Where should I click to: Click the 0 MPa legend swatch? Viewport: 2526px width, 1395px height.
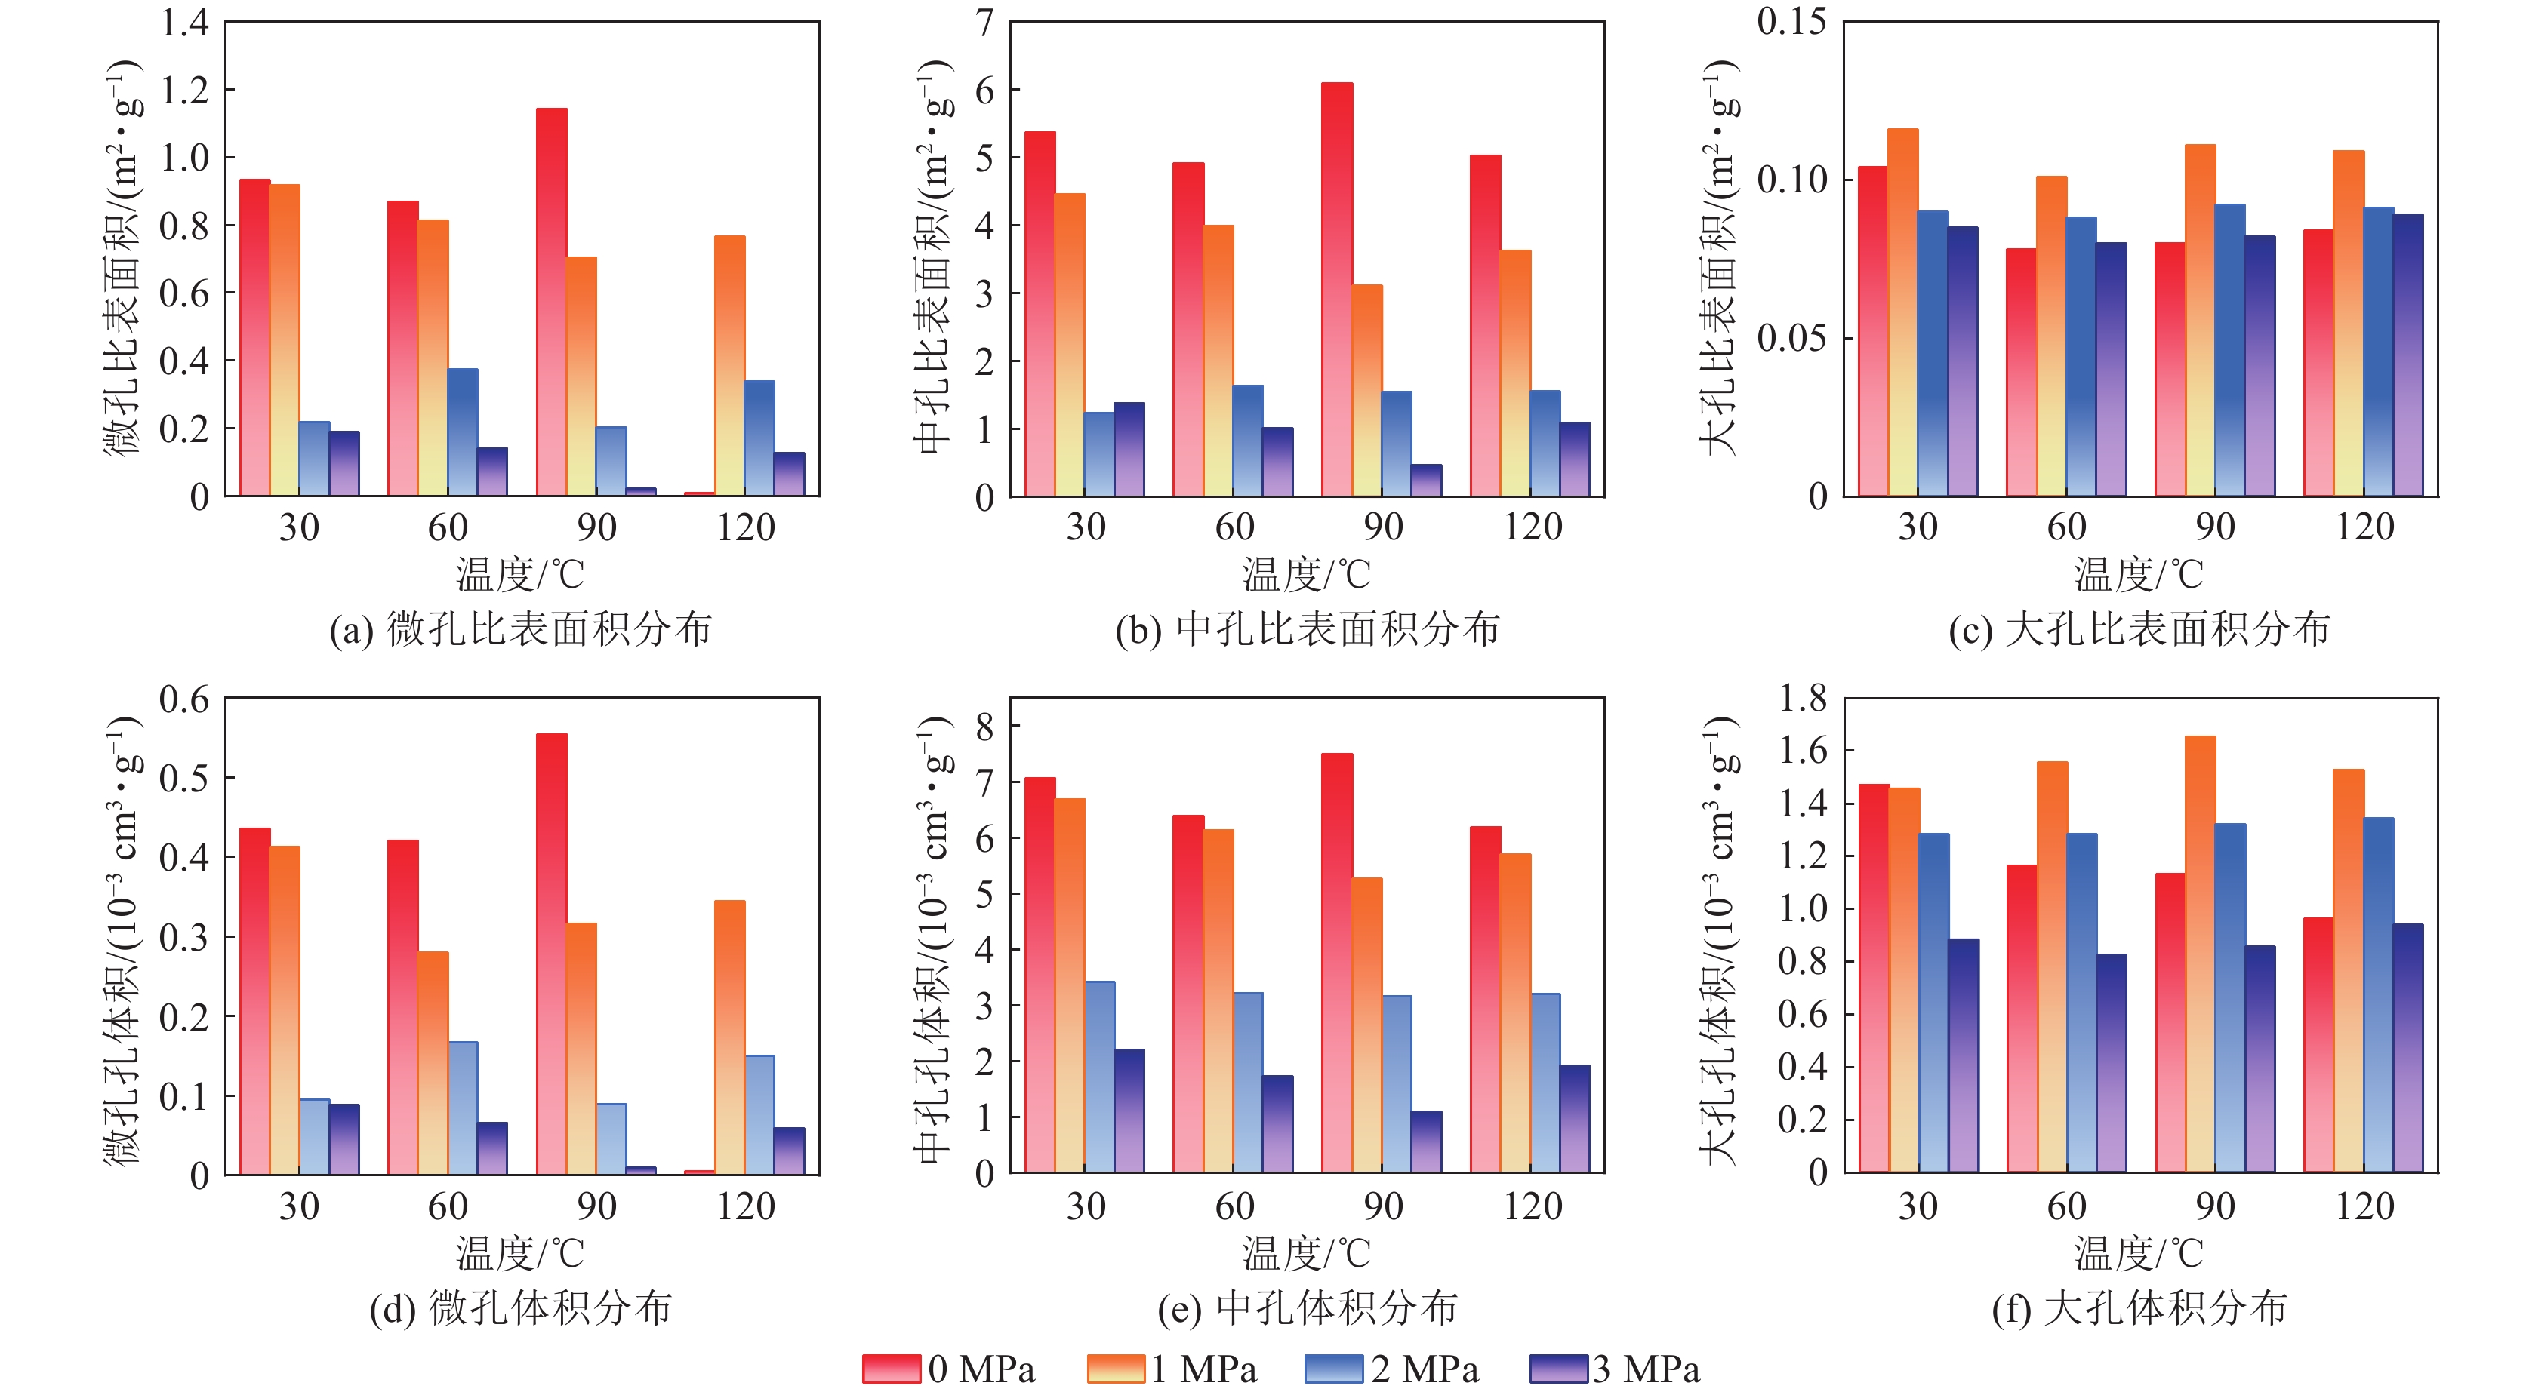click(x=890, y=1369)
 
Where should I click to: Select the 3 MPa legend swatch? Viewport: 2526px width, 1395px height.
click(x=1558, y=1369)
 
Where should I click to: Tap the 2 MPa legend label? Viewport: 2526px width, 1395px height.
click(x=1424, y=1369)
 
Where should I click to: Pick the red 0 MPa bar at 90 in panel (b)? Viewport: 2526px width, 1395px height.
click(x=1336, y=289)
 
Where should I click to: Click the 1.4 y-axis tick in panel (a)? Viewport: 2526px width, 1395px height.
click(x=184, y=23)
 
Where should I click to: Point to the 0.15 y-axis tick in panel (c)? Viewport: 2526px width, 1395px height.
click(x=1791, y=22)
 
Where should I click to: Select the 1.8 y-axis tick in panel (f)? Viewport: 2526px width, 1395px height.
click(x=1802, y=698)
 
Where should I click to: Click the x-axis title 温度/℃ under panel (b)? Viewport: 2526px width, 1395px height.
click(x=1306, y=574)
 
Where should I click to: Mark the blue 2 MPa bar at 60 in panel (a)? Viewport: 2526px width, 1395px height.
click(x=463, y=432)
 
